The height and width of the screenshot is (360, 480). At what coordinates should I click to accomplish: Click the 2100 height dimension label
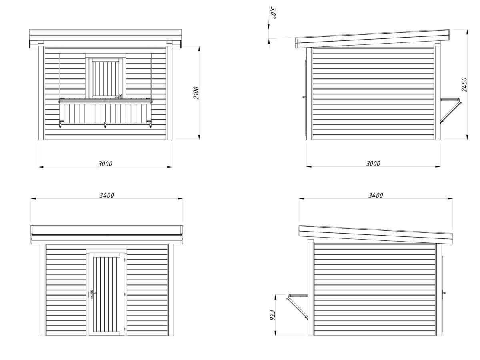(x=196, y=93)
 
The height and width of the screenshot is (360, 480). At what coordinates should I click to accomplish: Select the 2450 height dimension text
(x=464, y=84)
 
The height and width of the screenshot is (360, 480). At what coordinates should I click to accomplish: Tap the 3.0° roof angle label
(x=273, y=13)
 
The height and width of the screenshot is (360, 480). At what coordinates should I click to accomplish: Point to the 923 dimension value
(x=272, y=315)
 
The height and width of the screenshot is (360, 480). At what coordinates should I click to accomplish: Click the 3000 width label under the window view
(x=105, y=164)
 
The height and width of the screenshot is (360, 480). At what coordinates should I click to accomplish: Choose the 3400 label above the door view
(x=107, y=196)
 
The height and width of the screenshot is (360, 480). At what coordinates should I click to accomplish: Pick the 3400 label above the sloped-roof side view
(x=376, y=196)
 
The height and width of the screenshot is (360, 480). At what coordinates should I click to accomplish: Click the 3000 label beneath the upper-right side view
(x=373, y=164)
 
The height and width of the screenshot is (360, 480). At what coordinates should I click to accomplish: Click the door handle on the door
(x=93, y=293)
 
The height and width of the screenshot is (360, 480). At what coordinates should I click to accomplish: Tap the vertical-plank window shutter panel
(x=106, y=78)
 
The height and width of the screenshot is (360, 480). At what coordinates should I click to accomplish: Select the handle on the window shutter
(x=120, y=96)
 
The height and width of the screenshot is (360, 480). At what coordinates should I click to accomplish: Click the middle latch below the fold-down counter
(x=105, y=124)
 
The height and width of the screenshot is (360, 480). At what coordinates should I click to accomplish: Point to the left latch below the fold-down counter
(x=60, y=124)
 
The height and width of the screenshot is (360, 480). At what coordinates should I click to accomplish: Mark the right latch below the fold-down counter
(x=150, y=124)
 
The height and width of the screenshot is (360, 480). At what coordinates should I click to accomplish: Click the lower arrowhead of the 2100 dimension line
(x=199, y=137)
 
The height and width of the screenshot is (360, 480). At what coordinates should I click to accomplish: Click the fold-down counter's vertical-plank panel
(x=106, y=114)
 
